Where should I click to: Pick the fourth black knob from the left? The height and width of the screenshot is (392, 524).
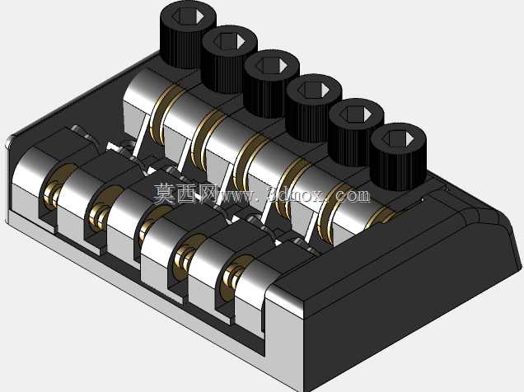tap(314, 108)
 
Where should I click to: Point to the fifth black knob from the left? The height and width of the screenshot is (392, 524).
tap(356, 133)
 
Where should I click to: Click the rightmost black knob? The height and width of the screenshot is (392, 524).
tap(398, 157)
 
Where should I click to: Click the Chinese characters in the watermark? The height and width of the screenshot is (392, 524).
tap(184, 194)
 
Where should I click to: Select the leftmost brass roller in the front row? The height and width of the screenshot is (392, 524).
tap(55, 189)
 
